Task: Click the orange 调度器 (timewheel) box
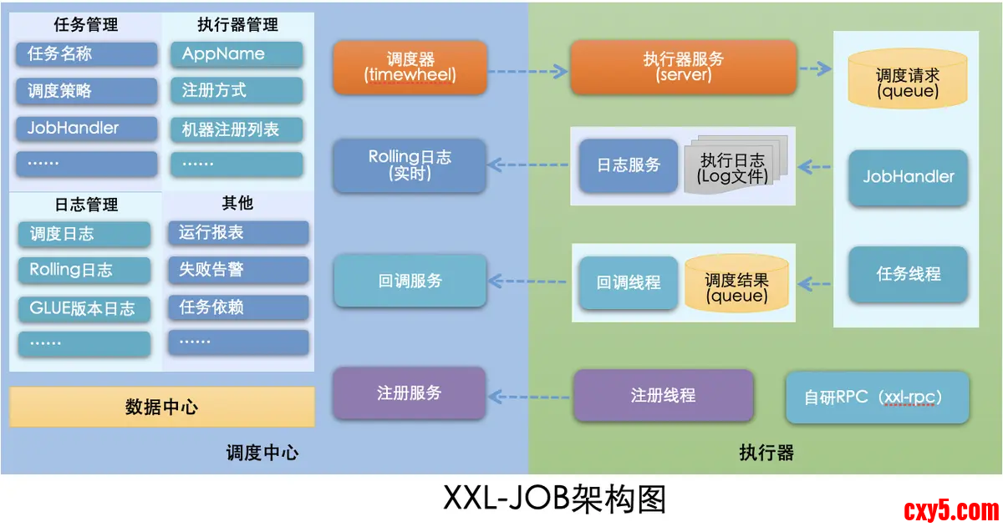coord(410,67)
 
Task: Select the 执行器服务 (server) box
coord(684,67)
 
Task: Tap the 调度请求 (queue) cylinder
coord(908,82)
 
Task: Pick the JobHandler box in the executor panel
coord(909,177)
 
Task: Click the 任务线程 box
coord(909,274)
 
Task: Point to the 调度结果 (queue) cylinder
coord(736,286)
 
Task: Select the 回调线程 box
coord(629,282)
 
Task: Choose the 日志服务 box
coord(629,165)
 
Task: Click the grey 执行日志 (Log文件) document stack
coord(732,167)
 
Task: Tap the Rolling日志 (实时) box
coord(410,165)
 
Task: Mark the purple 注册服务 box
coord(410,393)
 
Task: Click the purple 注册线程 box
coord(663,395)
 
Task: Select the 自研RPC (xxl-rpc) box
coord(878,398)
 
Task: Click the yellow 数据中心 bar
coord(162,408)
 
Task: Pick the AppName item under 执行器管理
coord(237,54)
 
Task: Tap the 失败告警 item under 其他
coord(238,270)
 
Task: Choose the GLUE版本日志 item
coord(84,308)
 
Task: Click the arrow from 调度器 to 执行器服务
coord(528,72)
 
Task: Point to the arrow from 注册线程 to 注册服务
coord(530,396)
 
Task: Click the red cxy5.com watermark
coord(951,509)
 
